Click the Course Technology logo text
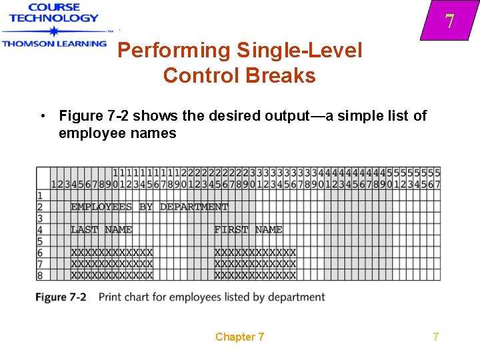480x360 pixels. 54,13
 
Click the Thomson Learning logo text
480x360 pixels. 54,43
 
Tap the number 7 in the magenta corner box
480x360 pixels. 450,21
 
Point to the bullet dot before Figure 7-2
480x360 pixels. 42,116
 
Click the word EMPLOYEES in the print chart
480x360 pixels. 101,207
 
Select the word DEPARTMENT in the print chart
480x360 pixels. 194,207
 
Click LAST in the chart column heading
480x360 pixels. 84,229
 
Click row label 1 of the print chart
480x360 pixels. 40,195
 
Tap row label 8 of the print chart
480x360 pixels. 40,275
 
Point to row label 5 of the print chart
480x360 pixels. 40,241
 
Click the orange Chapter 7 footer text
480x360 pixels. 239,337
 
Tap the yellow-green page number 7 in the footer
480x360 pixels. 436,337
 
